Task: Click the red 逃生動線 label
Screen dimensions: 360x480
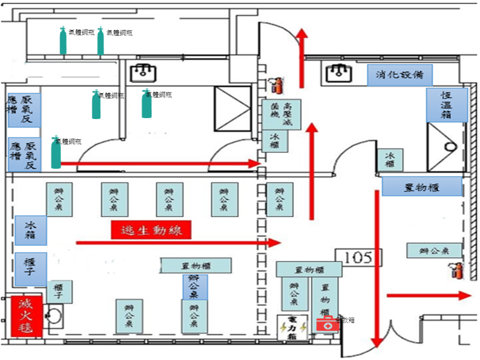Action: [x=151, y=230]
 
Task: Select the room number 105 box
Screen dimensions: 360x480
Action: [x=359, y=257]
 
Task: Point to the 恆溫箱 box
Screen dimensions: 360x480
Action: [x=447, y=105]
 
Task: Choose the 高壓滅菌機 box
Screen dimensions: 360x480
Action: [x=281, y=114]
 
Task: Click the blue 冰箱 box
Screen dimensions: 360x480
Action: [x=30, y=230]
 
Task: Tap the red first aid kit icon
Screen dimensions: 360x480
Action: [x=327, y=323]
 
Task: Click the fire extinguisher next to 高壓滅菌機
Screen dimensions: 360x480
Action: [x=276, y=85]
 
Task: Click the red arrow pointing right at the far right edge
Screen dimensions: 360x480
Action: [x=428, y=295]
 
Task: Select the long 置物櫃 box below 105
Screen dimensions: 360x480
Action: [x=308, y=270]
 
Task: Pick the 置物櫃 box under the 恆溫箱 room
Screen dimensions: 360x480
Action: [x=421, y=187]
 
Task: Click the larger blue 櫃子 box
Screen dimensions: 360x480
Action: [x=30, y=269]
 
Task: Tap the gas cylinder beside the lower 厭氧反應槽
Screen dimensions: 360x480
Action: [x=56, y=153]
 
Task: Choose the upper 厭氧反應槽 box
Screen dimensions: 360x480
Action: [x=24, y=110]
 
